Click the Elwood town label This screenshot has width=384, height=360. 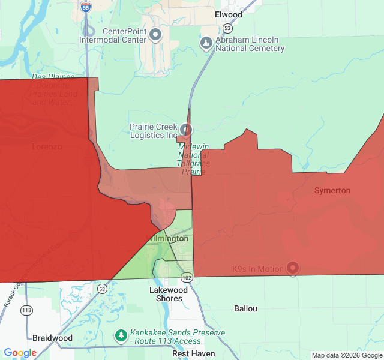click(228, 14)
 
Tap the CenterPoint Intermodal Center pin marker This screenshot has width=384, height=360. click(155, 35)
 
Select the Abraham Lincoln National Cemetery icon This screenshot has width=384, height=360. click(206, 43)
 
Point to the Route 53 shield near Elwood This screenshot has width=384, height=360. click(227, 28)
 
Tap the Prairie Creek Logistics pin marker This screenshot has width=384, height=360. click(186, 130)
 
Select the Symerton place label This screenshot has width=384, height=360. click(332, 190)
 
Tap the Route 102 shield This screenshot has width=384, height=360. click(187, 278)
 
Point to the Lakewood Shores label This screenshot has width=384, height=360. click(169, 294)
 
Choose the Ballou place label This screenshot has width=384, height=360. click(245, 308)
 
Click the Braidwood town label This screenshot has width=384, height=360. click(52, 338)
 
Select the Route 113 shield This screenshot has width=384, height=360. click(26, 310)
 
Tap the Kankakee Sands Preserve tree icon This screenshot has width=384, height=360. click(121, 335)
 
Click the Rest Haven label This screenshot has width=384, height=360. click(193, 353)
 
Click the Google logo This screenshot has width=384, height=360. click(20, 353)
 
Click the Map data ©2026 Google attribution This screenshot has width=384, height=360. click(347, 355)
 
